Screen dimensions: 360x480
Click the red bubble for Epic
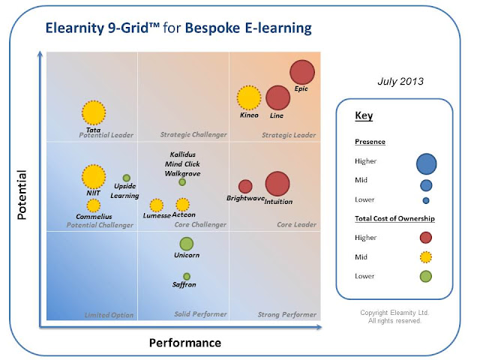[301, 72]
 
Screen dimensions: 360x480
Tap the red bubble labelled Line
[277, 98]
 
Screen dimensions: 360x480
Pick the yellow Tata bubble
[94, 112]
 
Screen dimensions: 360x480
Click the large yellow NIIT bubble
[94, 176]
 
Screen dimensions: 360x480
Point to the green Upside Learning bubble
[127, 178]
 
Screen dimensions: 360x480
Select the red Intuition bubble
[277, 184]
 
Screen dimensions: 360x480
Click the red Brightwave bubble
[245, 186]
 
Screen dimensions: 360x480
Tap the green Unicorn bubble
[187, 244]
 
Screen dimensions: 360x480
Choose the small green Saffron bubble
[187, 276]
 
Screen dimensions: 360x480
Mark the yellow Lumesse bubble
[156, 205]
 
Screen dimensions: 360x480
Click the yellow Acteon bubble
[182, 204]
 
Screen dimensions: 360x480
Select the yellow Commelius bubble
[93, 205]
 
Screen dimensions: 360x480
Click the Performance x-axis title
[184, 343]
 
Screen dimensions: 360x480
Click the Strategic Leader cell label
[289, 135]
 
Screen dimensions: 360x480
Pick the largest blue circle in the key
[426, 162]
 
